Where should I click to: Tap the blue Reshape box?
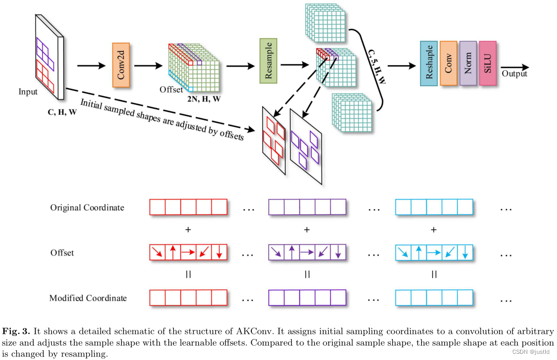[429, 63]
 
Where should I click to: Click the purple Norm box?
[468, 63]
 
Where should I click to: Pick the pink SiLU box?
[488, 63]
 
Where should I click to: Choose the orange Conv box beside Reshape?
[448, 63]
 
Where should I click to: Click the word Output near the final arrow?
[514, 74]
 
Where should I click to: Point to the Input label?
[28, 92]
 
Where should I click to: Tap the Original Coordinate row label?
[87, 208]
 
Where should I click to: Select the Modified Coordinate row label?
[88, 298]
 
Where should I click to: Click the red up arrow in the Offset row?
[173, 252]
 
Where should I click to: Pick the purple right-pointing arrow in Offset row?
[307, 252]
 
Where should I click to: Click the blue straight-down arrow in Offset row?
[465, 252]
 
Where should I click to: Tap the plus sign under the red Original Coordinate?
[188, 230]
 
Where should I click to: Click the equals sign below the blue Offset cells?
[434, 275]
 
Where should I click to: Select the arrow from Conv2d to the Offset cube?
[148, 66]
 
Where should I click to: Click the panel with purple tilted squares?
[306, 146]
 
